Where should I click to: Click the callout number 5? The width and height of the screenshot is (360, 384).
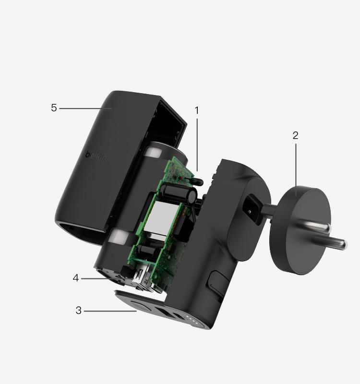pyautogui.click(x=54, y=108)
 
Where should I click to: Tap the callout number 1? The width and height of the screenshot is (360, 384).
pyautogui.click(x=197, y=110)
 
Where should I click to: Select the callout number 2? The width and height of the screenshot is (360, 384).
pyautogui.click(x=296, y=135)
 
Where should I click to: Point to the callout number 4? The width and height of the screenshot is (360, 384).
pyautogui.click(x=76, y=278)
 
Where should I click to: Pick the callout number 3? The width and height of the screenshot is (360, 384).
pyautogui.click(x=78, y=311)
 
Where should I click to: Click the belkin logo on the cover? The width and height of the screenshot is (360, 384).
pyautogui.click(x=96, y=156)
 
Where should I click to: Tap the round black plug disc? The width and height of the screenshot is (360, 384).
pyautogui.click(x=300, y=230)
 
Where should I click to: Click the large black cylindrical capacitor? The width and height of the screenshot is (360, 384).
pyautogui.click(x=178, y=192)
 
